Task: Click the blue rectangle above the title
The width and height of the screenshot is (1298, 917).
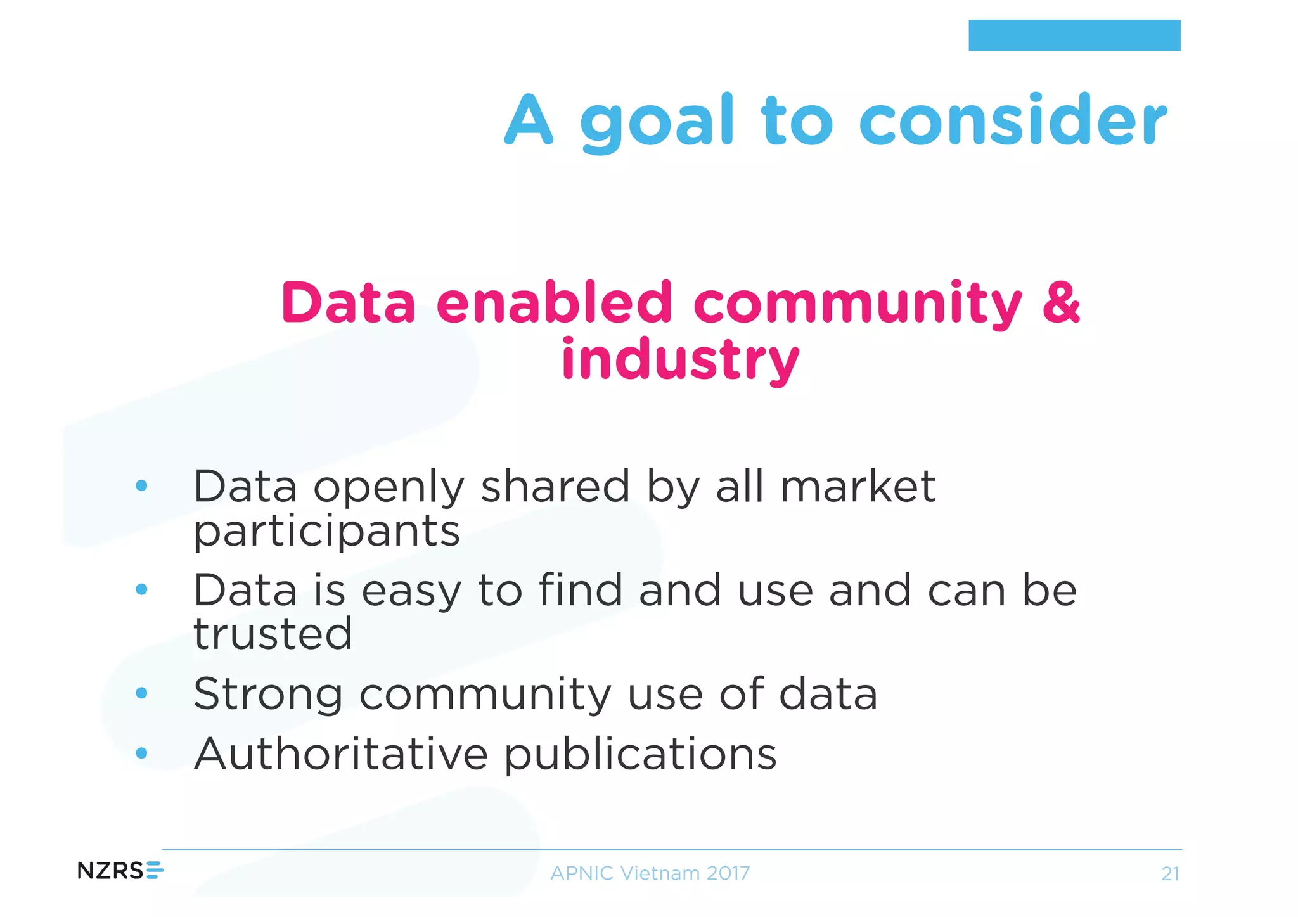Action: pyautogui.click(x=1074, y=35)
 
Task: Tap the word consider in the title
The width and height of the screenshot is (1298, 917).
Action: pyautogui.click(x=1012, y=120)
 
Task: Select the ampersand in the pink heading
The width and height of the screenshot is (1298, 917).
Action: pyautogui.click(x=1060, y=302)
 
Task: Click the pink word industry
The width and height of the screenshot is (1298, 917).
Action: pyautogui.click(x=679, y=360)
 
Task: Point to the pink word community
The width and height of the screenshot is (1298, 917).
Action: pyautogui.click(x=857, y=304)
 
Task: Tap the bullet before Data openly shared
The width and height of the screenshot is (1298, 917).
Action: pyautogui.click(x=141, y=486)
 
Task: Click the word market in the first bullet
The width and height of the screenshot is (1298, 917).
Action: pyautogui.click(x=857, y=487)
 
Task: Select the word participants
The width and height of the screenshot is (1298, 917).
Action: pyautogui.click(x=326, y=532)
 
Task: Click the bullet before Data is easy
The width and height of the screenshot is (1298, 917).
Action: pyautogui.click(x=141, y=589)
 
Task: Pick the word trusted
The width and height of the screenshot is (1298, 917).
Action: pyautogui.click(x=273, y=633)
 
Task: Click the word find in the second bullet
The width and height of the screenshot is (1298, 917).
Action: pyautogui.click(x=580, y=590)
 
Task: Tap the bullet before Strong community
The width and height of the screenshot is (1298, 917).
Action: pyautogui.click(x=141, y=693)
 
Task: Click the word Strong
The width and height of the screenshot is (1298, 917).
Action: pyautogui.click(x=267, y=695)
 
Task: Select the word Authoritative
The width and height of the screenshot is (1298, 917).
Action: pyautogui.click(x=341, y=754)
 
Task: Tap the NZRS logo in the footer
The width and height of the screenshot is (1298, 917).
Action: pyautogui.click(x=120, y=871)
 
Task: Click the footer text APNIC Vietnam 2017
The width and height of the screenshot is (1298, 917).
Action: pyautogui.click(x=650, y=873)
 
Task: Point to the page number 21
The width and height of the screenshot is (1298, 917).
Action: pyautogui.click(x=1169, y=875)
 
